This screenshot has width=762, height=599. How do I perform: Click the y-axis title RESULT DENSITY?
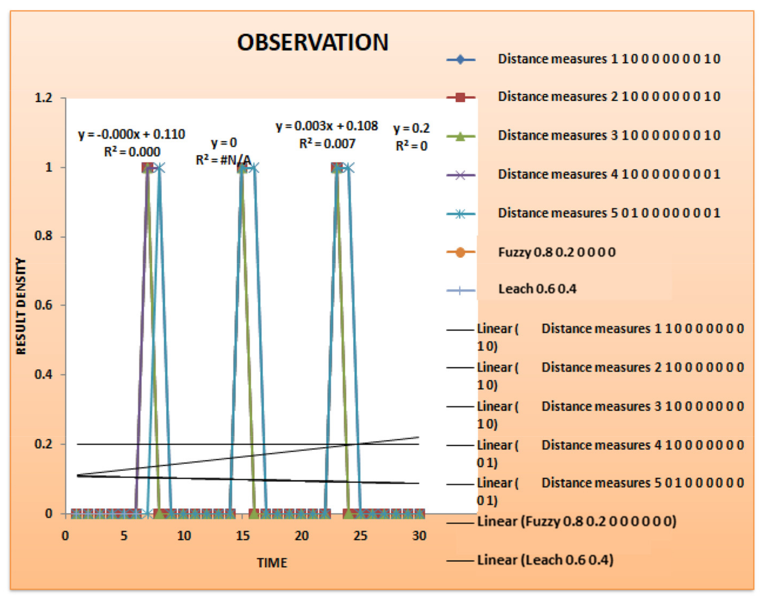pyautogui.click(x=21, y=306)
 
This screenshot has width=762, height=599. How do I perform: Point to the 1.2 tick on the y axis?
pyautogui.click(x=44, y=98)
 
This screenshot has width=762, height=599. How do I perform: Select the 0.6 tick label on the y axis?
pyautogui.click(x=44, y=305)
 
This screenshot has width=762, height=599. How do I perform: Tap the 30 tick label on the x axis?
pyautogui.click(x=419, y=536)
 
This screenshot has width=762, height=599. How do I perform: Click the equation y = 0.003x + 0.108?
pyautogui.click(x=327, y=126)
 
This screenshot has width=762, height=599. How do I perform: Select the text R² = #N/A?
pyautogui.click(x=223, y=160)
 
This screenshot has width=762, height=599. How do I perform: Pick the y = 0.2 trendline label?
pyautogui.click(x=411, y=128)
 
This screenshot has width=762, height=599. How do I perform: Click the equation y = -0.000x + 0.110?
pyautogui.click(x=131, y=134)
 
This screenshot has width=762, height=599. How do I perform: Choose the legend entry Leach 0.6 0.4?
pyautogui.click(x=537, y=289)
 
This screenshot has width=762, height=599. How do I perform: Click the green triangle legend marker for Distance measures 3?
pyautogui.click(x=460, y=136)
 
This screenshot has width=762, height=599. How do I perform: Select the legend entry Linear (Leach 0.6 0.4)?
pyautogui.click(x=545, y=560)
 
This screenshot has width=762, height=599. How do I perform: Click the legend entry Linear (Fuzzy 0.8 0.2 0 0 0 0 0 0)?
pyautogui.click(x=577, y=522)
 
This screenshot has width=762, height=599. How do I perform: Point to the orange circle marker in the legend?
pyautogui.click(x=460, y=252)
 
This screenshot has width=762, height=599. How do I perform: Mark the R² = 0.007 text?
pyautogui.click(x=327, y=144)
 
